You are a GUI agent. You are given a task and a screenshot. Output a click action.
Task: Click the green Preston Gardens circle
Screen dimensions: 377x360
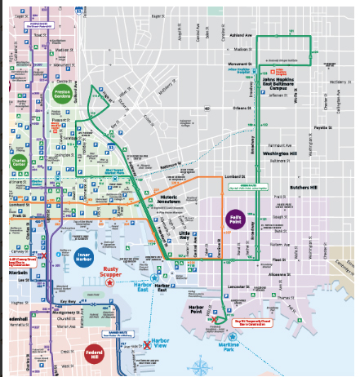[x=63, y=91]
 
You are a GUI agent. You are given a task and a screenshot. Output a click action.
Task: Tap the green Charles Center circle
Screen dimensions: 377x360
[x=19, y=163]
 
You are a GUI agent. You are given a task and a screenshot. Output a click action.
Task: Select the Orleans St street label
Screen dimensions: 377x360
[x=242, y=108]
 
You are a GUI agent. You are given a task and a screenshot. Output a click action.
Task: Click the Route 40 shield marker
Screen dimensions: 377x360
[x=207, y=107]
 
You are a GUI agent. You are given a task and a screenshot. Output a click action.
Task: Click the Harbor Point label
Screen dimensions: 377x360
[x=201, y=308]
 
